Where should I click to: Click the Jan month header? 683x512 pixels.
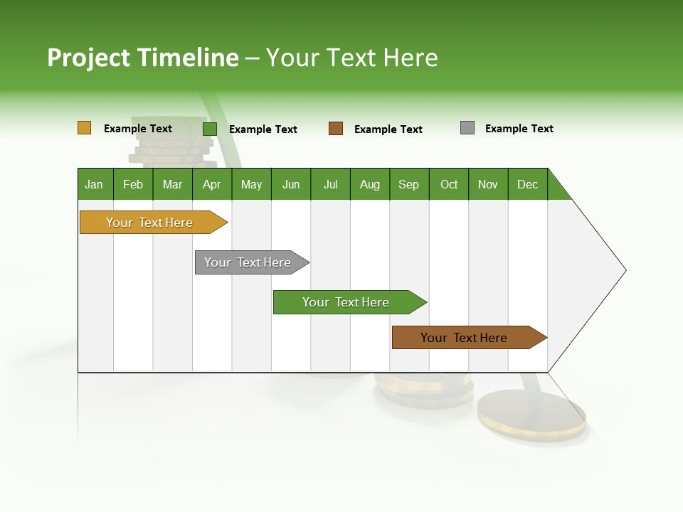[x=94, y=184]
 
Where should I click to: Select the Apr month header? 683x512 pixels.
[x=211, y=184]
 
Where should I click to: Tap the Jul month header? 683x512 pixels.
[x=330, y=184]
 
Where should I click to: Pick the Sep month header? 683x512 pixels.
[x=408, y=184]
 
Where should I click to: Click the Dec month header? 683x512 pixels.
[x=527, y=184]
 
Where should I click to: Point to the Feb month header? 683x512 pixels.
[x=133, y=184]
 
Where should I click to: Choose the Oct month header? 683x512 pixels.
[x=449, y=184]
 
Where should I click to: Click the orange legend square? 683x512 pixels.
[x=84, y=128]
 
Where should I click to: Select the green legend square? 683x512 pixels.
[x=210, y=129]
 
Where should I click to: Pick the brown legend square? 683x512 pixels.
[x=336, y=129]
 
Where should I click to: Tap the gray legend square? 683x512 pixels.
[x=467, y=128]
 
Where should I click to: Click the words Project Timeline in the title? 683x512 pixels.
[x=142, y=58]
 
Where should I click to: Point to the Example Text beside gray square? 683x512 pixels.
[x=519, y=129]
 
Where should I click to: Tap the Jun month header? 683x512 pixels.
[x=291, y=184]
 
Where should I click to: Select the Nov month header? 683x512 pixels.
[x=488, y=184]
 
